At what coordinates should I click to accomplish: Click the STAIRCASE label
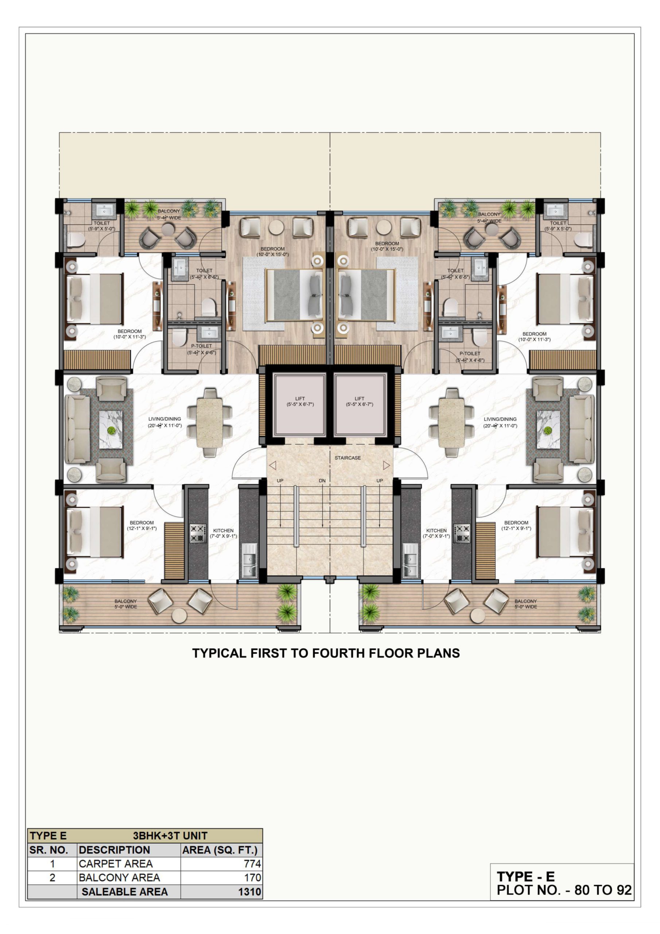point(348,458)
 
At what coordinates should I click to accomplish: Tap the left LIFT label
point(300,399)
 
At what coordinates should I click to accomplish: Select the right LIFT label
point(360,399)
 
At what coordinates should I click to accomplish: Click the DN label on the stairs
point(322,481)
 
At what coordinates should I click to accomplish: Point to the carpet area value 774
point(252,864)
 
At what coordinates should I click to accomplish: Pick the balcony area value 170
point(252,877)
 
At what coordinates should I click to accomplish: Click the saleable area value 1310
point(250,892)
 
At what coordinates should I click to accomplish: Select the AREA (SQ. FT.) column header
point(220,850)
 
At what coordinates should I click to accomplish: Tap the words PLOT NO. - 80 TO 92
point(564,890)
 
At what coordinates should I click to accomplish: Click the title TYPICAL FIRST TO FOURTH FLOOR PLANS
point(326,653)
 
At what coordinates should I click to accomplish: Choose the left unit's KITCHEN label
point(223,530)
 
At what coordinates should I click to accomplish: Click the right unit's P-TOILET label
point(470,354)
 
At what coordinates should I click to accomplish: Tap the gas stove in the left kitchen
point(198,533)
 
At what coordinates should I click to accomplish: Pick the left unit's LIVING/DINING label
point(165,419)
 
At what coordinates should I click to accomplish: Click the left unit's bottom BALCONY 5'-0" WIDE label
point(126,604)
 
